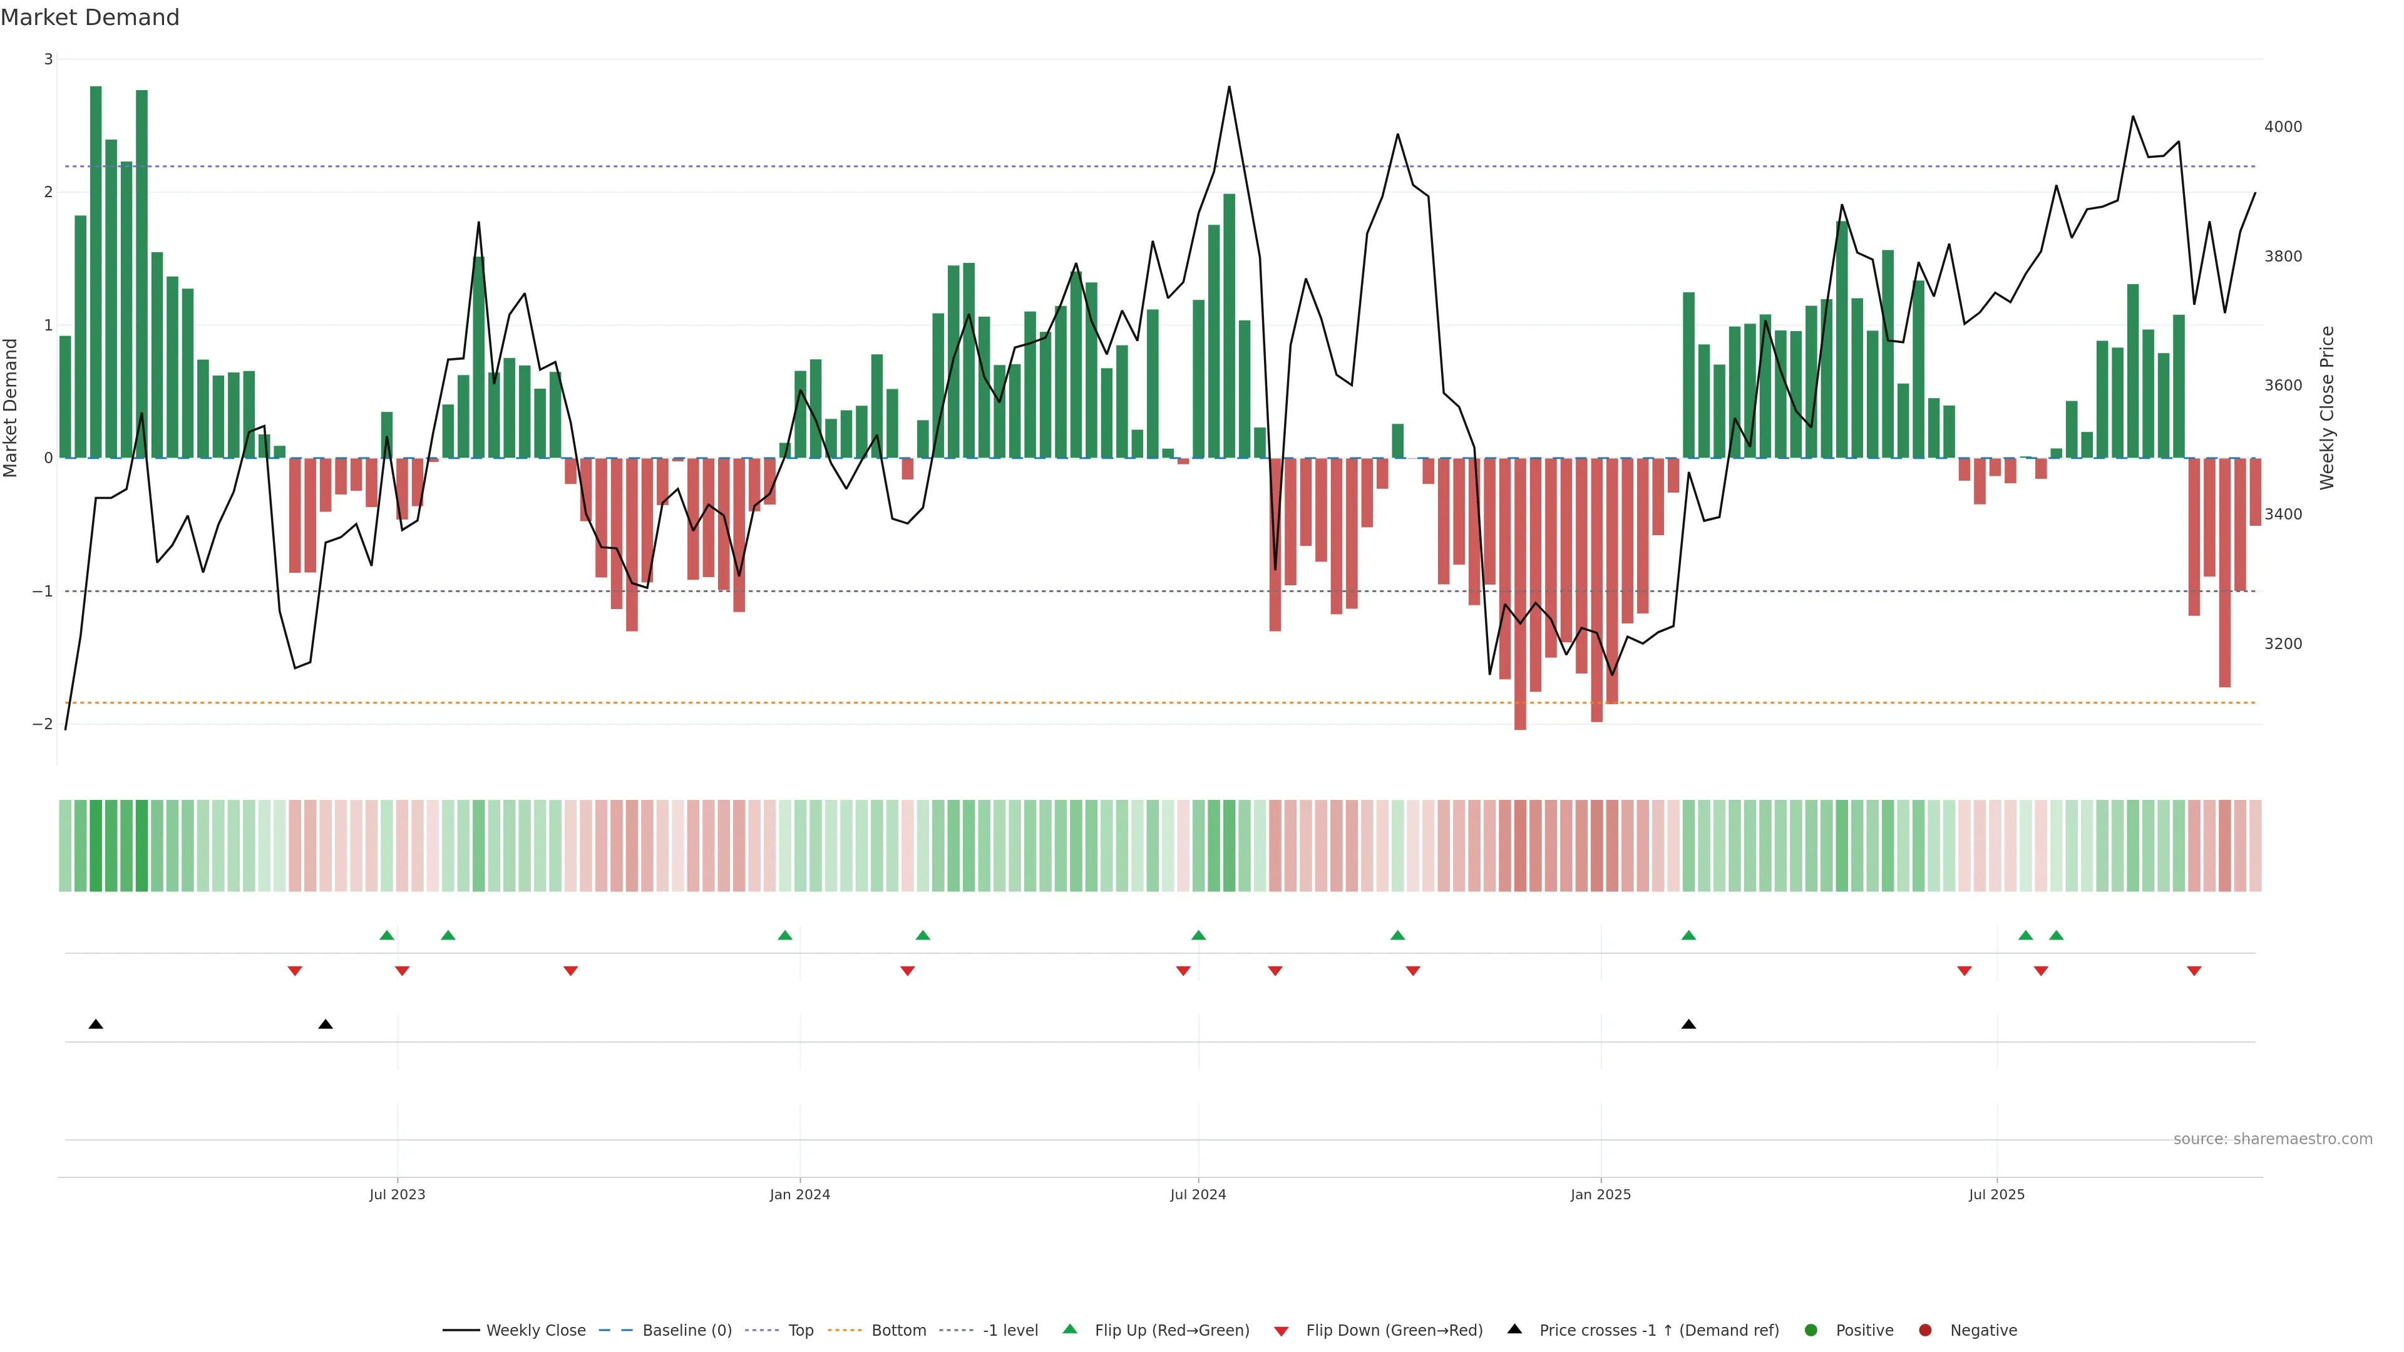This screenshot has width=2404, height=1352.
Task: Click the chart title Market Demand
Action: tap(90, 18)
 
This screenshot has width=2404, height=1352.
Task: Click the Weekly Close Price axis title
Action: tap(2326, 407)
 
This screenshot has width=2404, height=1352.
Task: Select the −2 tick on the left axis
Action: tap(43, 724)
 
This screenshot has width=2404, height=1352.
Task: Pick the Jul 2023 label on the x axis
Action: tap(397, 1194)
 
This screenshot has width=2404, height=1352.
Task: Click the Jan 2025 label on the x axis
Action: tap(1601, 1194)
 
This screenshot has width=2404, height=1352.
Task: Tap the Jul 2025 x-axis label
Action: tap(1996, 1194)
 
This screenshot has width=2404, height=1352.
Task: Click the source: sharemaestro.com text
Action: tap(2273, 1139)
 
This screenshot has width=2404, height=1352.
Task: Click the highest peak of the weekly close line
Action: tap(1229, 87)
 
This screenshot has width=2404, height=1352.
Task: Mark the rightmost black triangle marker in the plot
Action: tap(1688, 1025)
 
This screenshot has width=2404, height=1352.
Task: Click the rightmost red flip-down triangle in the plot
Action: tap(2194, 971)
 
